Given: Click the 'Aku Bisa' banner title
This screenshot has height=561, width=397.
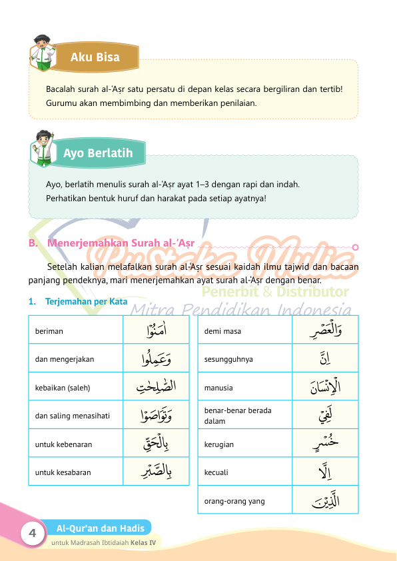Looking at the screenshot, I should click(95, 57).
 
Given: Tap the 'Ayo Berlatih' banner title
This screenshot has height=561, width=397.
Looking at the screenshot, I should click(98, 153).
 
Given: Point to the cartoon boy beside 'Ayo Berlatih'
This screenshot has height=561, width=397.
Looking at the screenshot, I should click(44, 146).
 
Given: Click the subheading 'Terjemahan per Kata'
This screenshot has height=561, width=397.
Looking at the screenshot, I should click(86, 301).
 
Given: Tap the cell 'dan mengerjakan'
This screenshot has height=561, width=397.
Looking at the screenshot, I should click(65, 359).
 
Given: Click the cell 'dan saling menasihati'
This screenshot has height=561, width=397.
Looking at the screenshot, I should click(73, 416).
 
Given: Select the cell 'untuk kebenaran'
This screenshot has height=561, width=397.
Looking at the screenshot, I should click(63, 444).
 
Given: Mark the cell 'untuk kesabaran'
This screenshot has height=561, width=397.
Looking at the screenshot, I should click(63, 473).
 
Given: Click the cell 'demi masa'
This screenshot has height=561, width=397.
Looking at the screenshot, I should click(220, 330).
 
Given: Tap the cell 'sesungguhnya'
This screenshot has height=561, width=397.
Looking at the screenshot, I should click(228, 359).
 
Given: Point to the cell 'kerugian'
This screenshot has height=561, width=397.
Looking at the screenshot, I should click(219, 444).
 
